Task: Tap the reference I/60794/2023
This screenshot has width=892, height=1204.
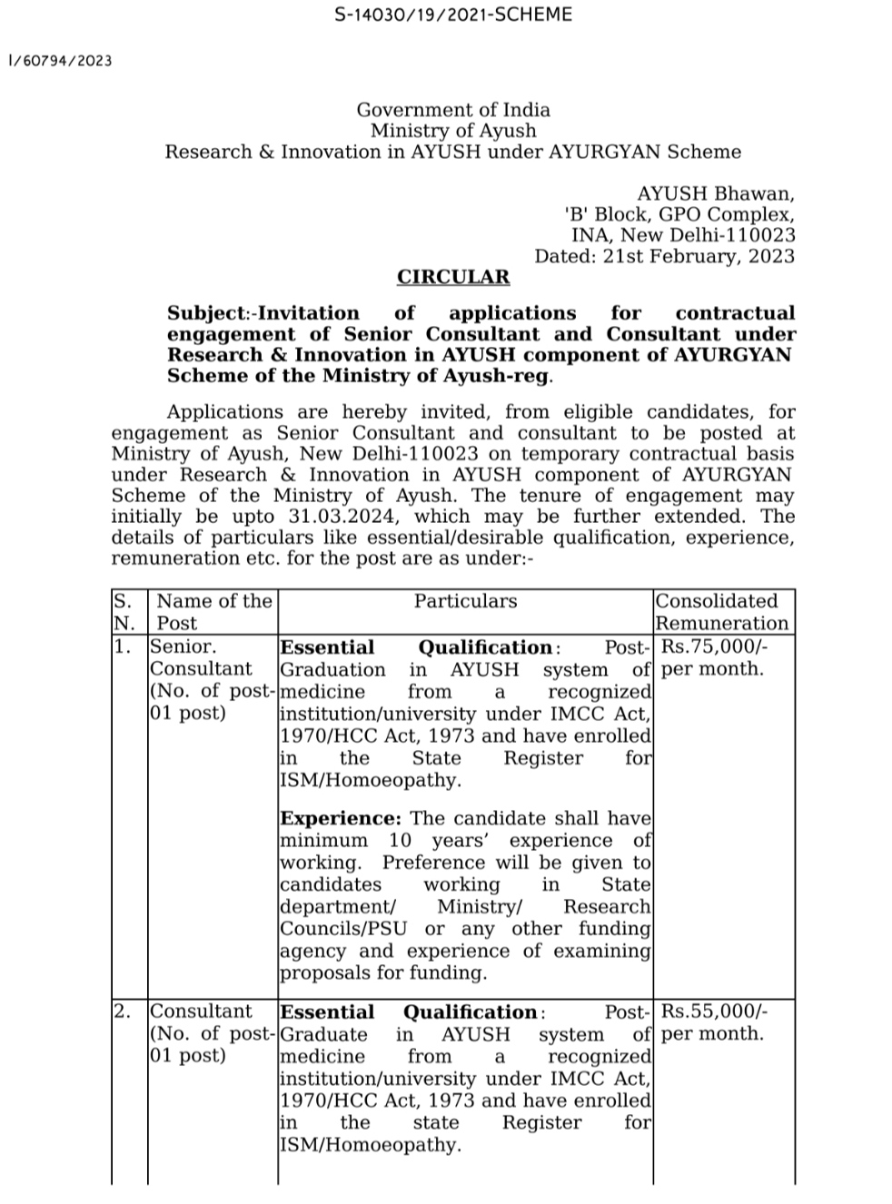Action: click(60, 61)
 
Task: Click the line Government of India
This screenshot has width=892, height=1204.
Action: click(452, 110)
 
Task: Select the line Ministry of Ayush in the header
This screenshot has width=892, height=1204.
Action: click(452, 131)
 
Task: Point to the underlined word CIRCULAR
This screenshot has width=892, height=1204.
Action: click(453, 277)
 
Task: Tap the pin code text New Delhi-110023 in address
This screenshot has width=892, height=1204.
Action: click(720, 235)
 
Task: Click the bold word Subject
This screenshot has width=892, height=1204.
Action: click(206, 313)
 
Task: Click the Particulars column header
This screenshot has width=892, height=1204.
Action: click(465, 601)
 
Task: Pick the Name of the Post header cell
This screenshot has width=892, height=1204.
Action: click(213, 612)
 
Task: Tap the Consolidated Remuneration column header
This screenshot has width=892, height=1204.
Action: click(721, 612)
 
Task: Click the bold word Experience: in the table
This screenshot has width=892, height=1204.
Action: click(340, 819)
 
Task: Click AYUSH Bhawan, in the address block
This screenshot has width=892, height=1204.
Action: click(715, 193)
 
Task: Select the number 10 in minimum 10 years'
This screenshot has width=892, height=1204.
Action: click(400, 841)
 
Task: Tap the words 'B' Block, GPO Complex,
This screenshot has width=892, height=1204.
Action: click(679, 214)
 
